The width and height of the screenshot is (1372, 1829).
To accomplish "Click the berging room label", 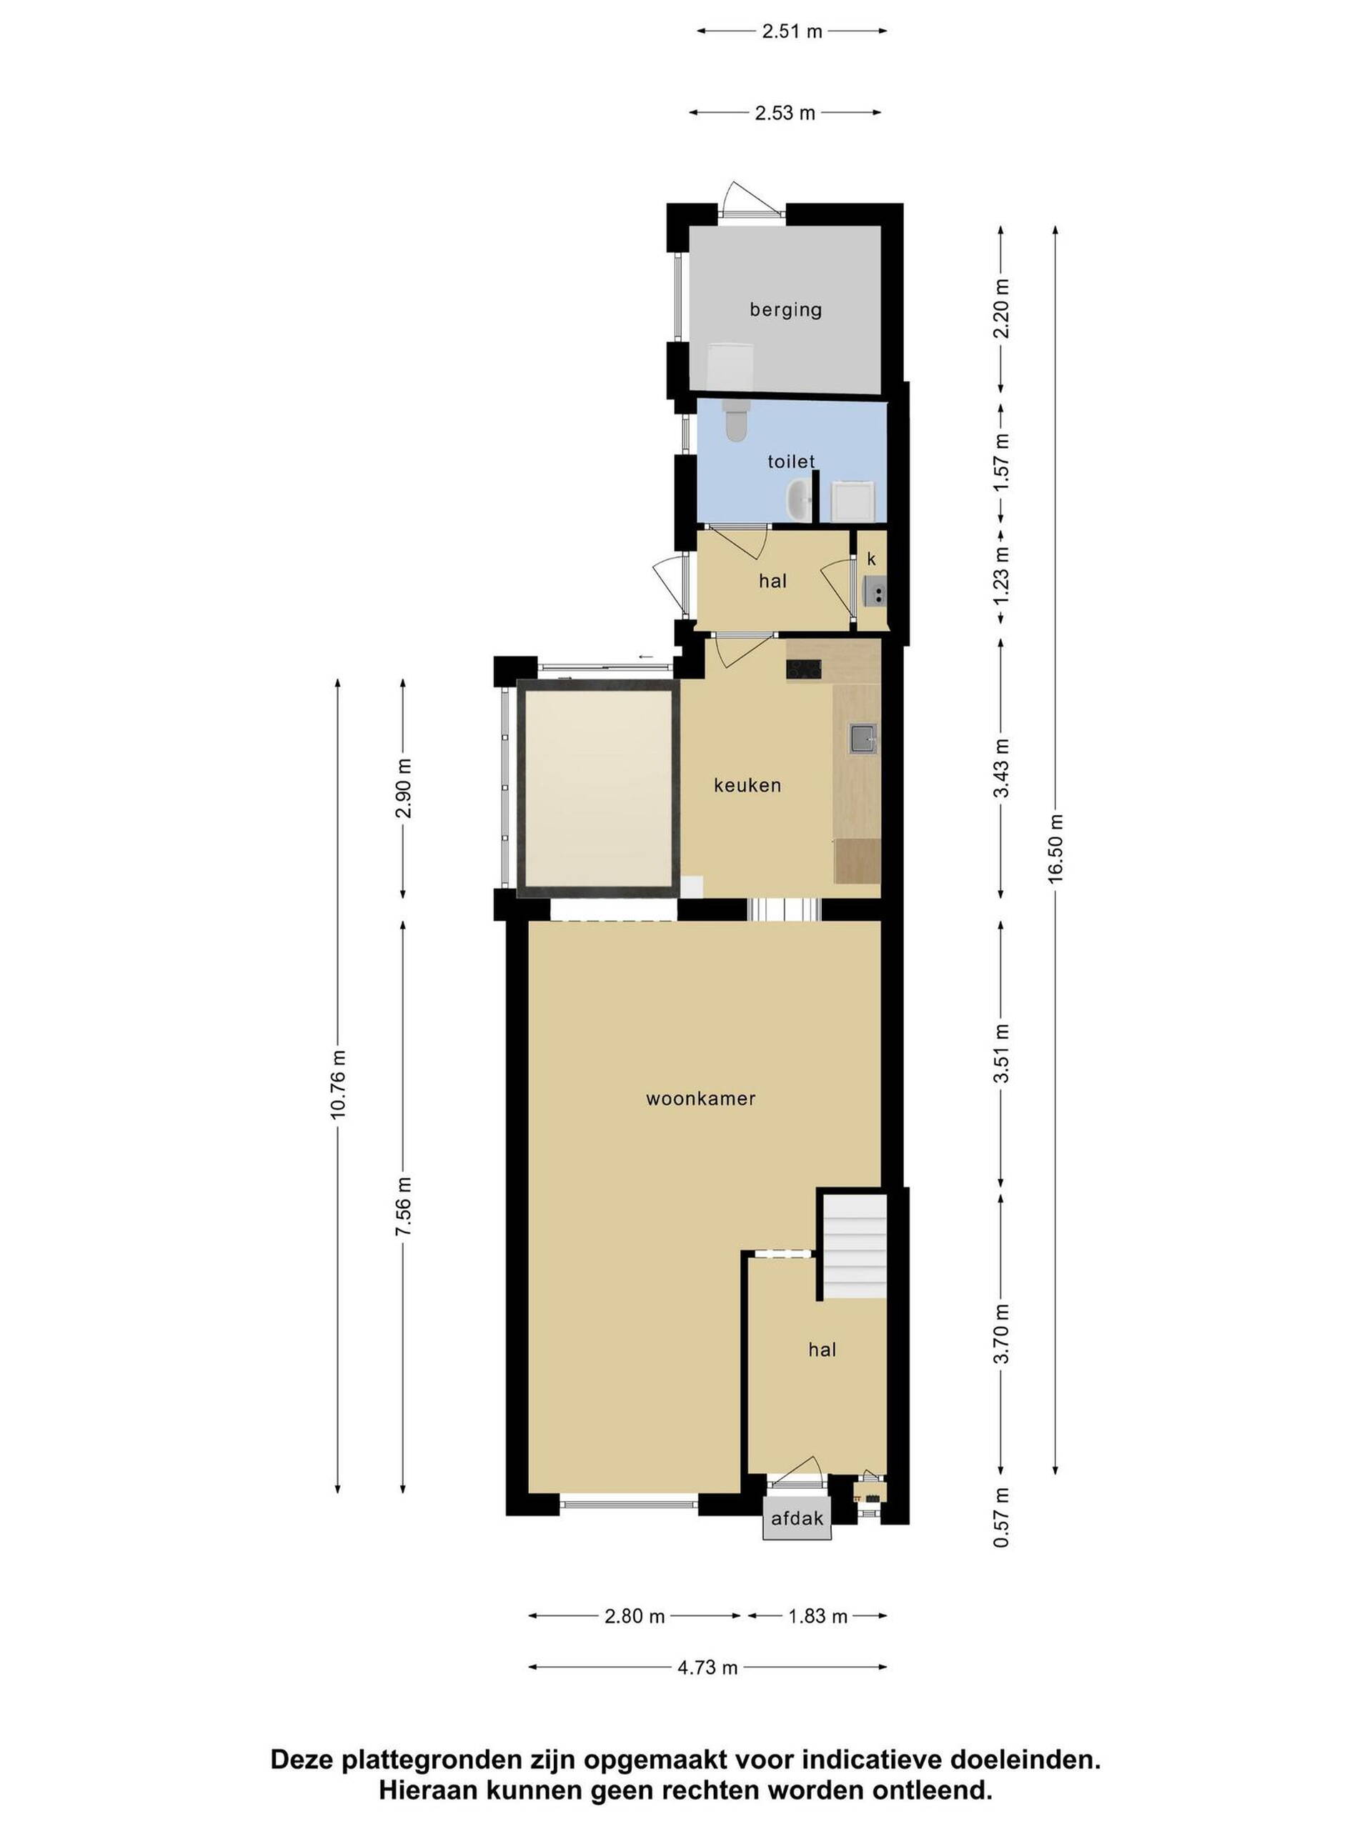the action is click(785, 310).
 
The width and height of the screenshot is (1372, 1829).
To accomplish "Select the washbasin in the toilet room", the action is click(798, 499).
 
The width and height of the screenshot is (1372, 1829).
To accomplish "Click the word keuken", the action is click(747, 784).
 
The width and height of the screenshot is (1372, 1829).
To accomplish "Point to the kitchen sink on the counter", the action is click(863, 737).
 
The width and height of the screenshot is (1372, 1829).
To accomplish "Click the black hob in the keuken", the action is click(803, 668).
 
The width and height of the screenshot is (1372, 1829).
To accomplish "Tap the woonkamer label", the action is click(700, 1098).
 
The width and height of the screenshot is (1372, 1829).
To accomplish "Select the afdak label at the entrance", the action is click(797, 1518).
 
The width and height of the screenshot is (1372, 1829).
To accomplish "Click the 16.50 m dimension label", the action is click(1055, 849).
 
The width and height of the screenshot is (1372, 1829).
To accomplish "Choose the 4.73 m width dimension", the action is click(707, 1668).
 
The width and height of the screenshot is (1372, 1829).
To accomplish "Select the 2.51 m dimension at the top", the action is click(792, 31).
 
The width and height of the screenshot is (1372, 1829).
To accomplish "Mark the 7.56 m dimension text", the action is click(403, 1207).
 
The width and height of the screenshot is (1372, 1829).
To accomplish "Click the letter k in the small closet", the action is click(871, 559).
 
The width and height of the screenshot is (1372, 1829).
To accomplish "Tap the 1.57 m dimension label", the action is click(1002, 462).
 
